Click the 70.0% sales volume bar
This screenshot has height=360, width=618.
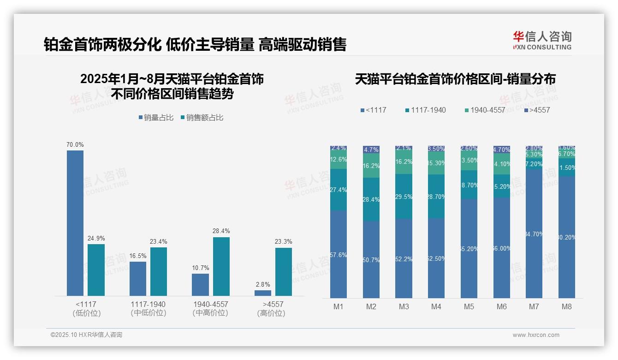[75, 223]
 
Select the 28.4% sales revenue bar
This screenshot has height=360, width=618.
[221, 266]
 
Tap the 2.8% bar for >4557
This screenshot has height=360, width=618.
[263, 293]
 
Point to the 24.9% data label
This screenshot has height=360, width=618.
[96, 238]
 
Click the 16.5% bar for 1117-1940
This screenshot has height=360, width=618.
[138, 278]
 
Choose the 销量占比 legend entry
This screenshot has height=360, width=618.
[156, 118]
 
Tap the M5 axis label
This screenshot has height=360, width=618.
[469, 306]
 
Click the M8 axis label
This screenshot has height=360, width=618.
[567, 306]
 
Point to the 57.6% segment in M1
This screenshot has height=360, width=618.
[339, 254]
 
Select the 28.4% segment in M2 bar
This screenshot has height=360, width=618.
[371, 199]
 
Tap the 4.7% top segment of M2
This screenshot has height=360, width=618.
[371, 150]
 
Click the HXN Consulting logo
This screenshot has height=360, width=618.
[542, 41]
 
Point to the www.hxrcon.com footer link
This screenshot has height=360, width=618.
[536, 335]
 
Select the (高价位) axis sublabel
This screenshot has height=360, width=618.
[271, 313]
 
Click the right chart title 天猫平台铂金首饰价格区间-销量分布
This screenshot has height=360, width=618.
[455, 79]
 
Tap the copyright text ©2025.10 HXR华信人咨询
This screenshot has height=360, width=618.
[86, 335]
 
